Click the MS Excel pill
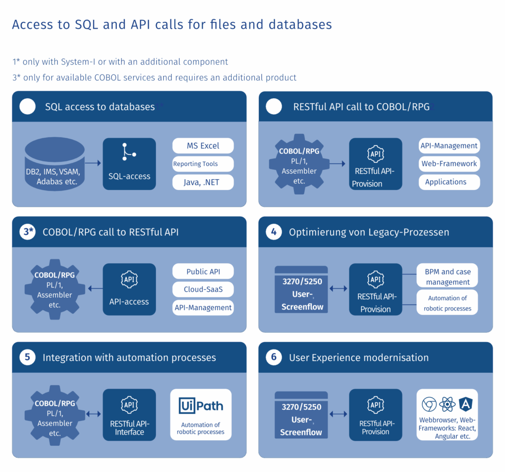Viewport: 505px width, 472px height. tap(203, 146)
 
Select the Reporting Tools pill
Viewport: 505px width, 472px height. tap(203, 164)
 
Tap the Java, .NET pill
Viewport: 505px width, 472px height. tap(203, 182)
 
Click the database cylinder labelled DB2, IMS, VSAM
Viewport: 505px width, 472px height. tap(55, 163)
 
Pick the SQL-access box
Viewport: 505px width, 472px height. tap(129, 164)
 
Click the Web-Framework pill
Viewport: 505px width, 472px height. tap(449, 163)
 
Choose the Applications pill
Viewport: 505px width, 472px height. tap(449, 182)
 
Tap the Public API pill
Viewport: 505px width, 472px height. tap(203, 272)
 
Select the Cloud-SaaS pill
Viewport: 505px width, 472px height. tap(203, 289)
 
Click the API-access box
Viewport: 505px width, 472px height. tap(129, 289)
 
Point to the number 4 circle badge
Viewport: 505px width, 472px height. tap(274, 232)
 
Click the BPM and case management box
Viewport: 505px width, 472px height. tap(448, 276)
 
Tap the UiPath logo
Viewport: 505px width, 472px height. tap(201, 406)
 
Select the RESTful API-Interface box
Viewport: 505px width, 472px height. tap(129, 415)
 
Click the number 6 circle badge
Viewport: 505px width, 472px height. tap(274, 357)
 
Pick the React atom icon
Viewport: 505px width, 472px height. tap(447, 404)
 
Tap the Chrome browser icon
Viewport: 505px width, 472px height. tap(429, 404)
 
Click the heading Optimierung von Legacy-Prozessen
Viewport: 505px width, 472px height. tap(369, 232)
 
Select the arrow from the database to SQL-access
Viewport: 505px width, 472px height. tap(93, 162)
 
